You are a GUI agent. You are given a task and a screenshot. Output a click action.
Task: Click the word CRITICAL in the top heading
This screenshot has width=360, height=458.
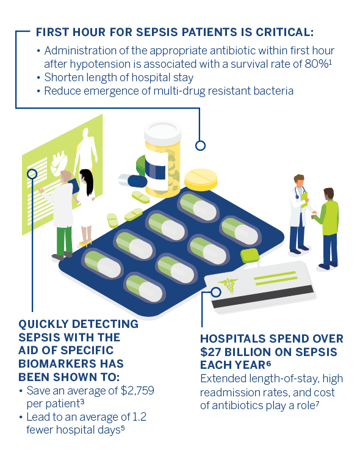283,32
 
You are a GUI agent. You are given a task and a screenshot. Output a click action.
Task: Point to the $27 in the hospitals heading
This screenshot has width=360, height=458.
211,352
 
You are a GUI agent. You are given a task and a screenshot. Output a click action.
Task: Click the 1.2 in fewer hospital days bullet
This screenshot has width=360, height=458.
139,417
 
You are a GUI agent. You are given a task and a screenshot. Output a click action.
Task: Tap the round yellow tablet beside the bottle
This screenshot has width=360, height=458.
201,180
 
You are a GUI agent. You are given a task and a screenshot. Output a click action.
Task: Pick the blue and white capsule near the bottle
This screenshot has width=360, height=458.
133,181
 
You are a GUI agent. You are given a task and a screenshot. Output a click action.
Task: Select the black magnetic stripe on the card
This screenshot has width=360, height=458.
263,296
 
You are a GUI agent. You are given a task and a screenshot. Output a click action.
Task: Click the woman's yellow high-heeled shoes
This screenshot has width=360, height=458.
85,242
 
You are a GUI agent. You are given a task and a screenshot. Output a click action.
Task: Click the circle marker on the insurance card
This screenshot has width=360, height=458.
216,292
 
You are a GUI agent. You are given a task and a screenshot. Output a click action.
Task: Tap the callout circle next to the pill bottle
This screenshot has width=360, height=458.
200,145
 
